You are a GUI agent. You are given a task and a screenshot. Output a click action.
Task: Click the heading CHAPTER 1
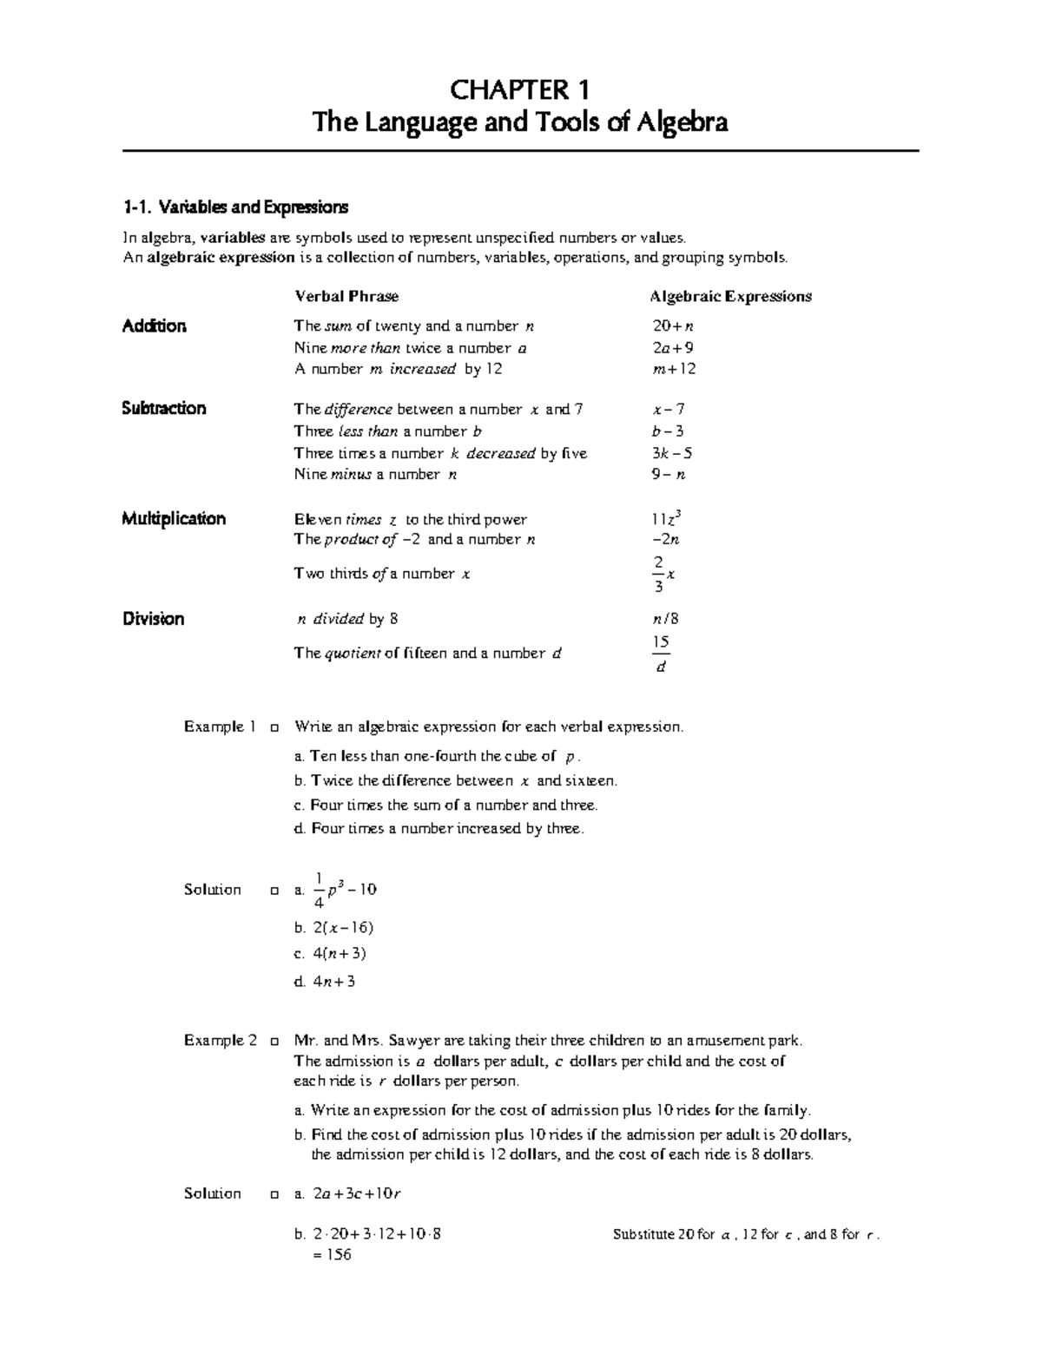pos(519,90)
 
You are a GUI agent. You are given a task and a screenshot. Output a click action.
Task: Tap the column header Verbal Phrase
pos(346,297)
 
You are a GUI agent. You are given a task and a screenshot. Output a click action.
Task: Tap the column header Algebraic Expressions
pos(730,297)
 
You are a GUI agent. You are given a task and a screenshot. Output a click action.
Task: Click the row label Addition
pos(154,326)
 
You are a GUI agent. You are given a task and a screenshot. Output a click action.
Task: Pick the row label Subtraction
pos(164,409)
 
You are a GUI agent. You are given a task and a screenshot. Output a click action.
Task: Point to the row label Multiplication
pos(174,519)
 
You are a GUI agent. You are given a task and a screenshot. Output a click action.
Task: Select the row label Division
pos(153,619)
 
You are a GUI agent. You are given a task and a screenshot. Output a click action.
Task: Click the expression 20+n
pos(673,326)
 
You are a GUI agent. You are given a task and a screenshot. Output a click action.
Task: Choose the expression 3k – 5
pos(671,453)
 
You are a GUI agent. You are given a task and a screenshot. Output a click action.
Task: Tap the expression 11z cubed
pos(665,519)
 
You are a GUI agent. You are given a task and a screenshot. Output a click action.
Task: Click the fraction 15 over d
pos(661,654)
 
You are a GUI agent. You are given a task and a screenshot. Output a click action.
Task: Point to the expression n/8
pos(666,619)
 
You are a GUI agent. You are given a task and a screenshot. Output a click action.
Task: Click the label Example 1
pos(220,727)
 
